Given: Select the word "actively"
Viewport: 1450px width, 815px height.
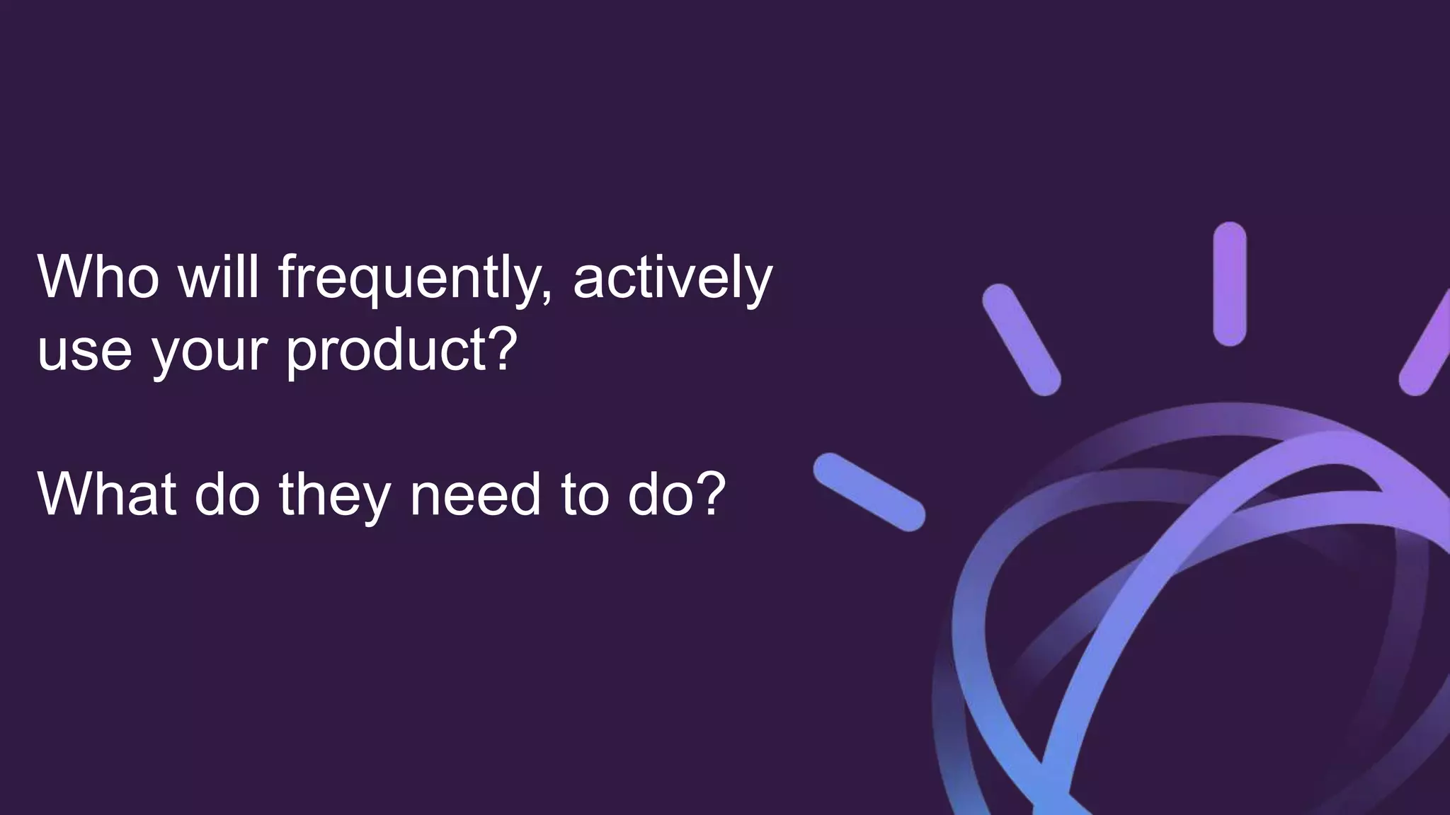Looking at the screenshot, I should (672, 279).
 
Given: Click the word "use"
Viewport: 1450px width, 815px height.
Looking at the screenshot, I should (84, 352).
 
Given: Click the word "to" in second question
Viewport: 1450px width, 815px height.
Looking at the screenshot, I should (585, 495).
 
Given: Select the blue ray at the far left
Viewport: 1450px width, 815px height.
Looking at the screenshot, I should (869, 492).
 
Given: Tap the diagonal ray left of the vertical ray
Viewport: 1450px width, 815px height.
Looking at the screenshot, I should (1021, 340).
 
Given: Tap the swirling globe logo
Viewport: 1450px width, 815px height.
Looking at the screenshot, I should (1204, 623).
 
